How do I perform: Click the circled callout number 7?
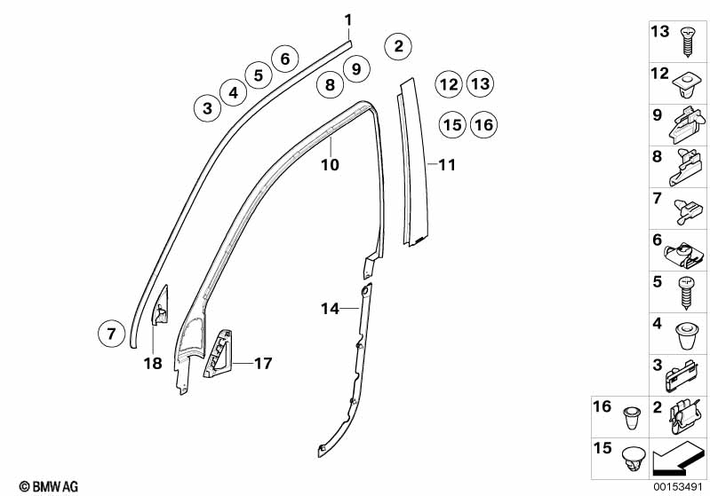111,335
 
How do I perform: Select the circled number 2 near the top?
398,45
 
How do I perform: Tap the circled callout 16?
483,125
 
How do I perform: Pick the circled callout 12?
449,85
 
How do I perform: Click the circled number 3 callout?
207,109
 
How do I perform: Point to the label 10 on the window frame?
330,164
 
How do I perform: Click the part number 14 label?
331,308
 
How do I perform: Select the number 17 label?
262,363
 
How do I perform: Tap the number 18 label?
152,362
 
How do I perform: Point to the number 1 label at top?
348,20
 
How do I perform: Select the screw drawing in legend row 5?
686,289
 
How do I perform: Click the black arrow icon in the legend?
680,459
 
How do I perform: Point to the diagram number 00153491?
680,486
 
